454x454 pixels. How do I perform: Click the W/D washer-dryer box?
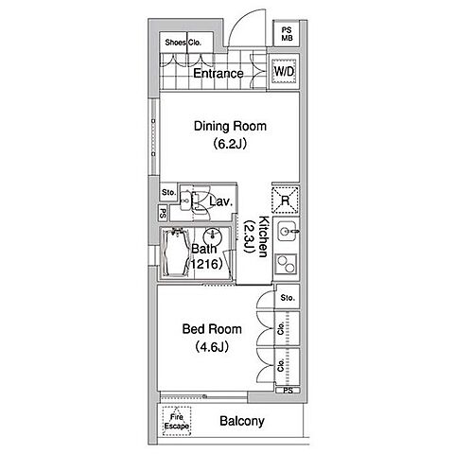(285, 71)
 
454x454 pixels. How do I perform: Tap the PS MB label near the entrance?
(287, 34)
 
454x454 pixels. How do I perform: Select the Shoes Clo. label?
(183, 43)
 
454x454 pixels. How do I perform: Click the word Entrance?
(218, 74)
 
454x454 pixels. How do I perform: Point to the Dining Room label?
(230, 126)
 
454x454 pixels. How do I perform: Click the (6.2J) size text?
(230, 144)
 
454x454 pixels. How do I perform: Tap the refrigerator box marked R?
(285, 201)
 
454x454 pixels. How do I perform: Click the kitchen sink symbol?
(287, 231)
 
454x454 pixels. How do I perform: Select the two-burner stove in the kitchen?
(286, 264)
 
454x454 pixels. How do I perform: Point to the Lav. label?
(221, 201)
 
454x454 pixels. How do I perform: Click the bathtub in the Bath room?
(175, 253)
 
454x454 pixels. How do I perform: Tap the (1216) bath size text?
(205, 264)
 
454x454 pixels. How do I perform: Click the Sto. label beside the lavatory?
(168, 192)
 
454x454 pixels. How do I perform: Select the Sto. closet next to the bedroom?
(288, 297)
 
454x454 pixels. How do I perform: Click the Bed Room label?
(212, 329)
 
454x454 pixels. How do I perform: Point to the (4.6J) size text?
(212, 347)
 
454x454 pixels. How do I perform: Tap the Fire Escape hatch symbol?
(177, 421)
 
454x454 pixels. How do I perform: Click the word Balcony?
(242, 421)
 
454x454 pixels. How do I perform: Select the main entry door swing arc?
(240, 20)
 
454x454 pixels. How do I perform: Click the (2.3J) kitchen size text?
(249, 236)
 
